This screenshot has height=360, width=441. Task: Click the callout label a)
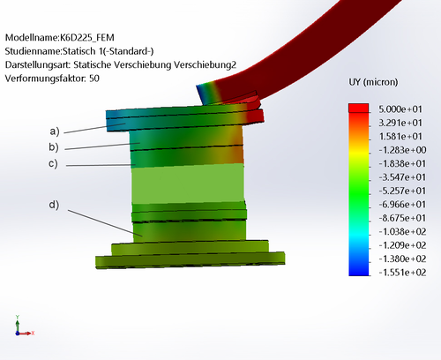click(55, 131)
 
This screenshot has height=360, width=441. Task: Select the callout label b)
click(54, 146)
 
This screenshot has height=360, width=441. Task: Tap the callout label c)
click(53, 163)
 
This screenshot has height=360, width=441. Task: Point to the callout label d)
click(54, 205)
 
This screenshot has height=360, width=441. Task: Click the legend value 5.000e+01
click(400, 109)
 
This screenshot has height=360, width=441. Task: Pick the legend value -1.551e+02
click(402, 273)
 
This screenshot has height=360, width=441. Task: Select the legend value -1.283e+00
click(402, 150)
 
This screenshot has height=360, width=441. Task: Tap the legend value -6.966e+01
click(402, 205)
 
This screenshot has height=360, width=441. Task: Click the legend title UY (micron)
click(373, 82)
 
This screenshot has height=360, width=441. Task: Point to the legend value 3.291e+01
click(400, 123)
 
